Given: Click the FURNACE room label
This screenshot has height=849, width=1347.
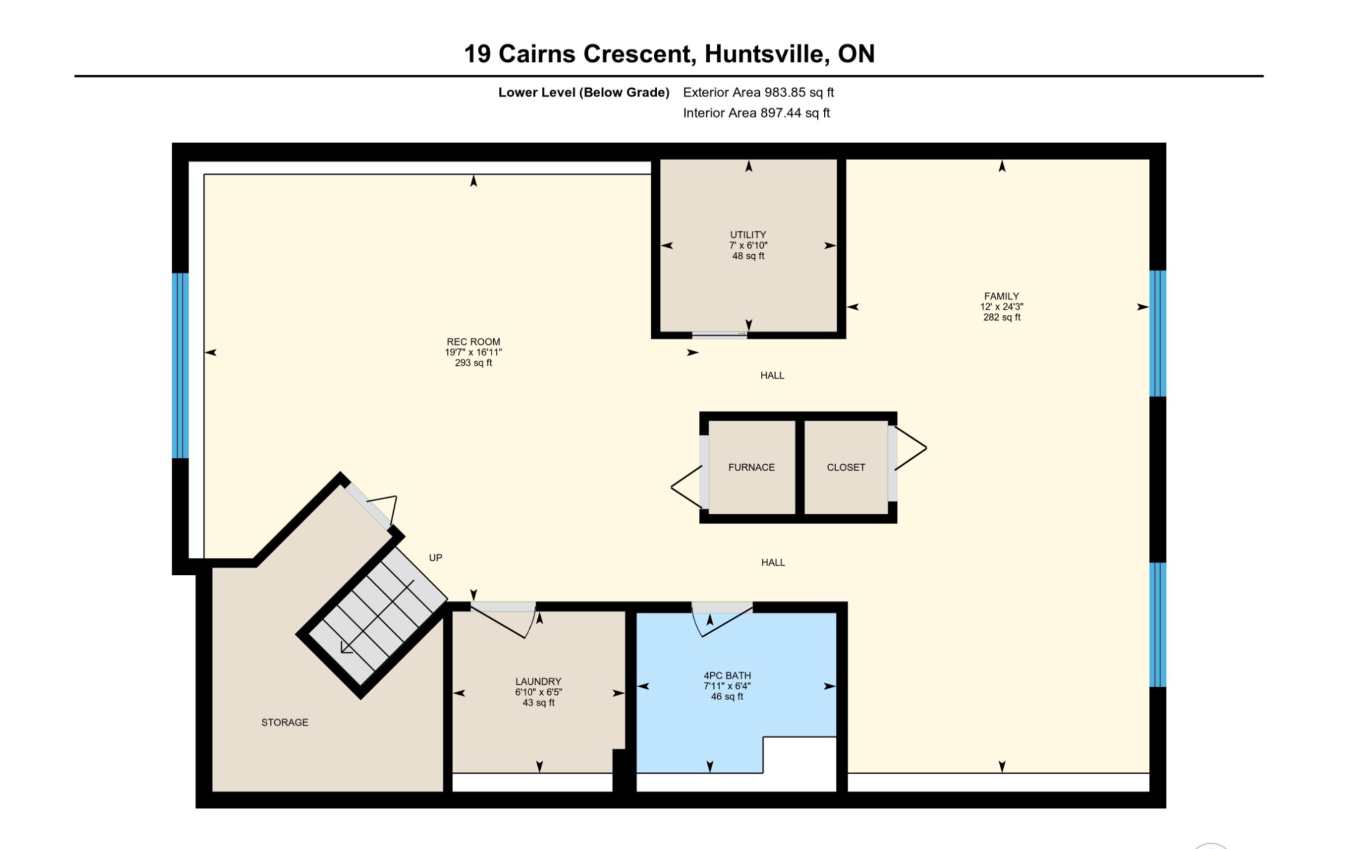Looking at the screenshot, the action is (751, 467).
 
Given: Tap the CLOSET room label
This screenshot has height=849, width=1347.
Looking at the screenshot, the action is (846, 467).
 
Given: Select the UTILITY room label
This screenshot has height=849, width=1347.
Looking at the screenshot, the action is (748, 235).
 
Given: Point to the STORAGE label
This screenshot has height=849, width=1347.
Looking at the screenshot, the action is (285, 723).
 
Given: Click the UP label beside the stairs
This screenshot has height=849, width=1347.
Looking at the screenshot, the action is (435, 558).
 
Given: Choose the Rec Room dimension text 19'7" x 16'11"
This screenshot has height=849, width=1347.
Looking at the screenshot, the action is (473, 352).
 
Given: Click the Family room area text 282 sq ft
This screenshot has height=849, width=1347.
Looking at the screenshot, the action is (1002, 317).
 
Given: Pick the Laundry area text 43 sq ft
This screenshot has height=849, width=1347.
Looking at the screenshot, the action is (538, 702).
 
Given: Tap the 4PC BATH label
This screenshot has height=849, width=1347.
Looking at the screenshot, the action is (727, 675).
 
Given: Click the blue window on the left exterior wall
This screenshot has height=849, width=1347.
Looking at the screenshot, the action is (180, 365).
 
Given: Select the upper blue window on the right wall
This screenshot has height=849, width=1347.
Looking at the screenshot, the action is (1158, 334).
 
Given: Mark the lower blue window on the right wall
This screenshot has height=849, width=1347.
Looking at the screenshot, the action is (1158, 625).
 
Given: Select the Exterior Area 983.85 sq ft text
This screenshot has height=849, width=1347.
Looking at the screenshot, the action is (759, 92).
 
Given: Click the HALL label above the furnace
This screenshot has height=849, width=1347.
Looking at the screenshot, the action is (772, 375).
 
